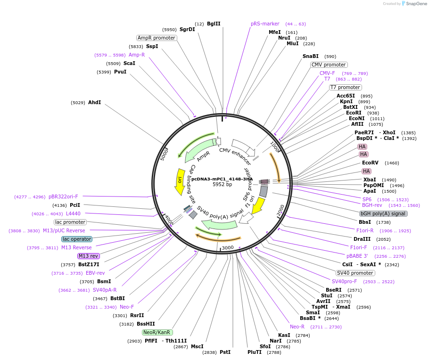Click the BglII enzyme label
pyautogui.click(x=214, y=24)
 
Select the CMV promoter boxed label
pyautogui.click(x=329, y=65)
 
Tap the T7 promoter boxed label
pyautogui.click(x=345, y=87)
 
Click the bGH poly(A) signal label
pyautogui.click(x=383, y=213)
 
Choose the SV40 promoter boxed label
pyautogui.click(x=355, y=273)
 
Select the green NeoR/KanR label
pyautogui.click(x=157, y=332)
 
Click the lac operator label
pyautogui.click(x=77, y=239)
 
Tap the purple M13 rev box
pyautogui.click(x=88, y=256)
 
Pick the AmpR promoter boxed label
pyautogui.click(x=157, y=38)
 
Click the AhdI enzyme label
pyautogui.click(x=94, y=102)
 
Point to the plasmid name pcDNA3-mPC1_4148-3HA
pyautogui.click(x=222, y=179)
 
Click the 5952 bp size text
pyautogui.click(x=222, y=184)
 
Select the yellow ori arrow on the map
pyautogui.click(x=180, y=182)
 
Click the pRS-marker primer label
pyautogui.click(x=265, y=24)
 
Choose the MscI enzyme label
pyautogui.click(x=197, y=346)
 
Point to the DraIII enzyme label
pyautogui.click(x=362, y=239)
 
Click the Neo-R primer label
pyautogui.click(x=297, y=327)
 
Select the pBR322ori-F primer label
pyautogui.click(x=63, y=196)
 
